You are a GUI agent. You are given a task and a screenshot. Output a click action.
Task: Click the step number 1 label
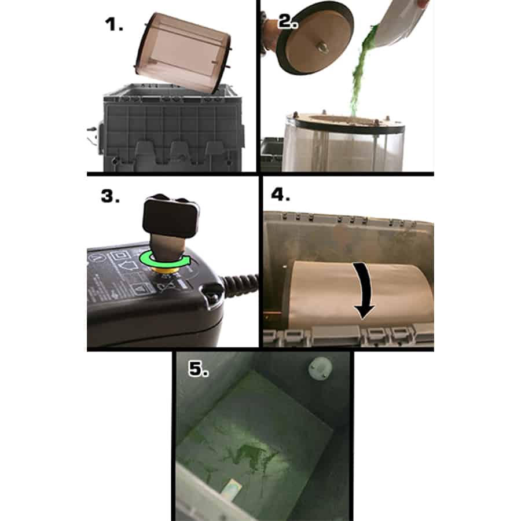point(114,24)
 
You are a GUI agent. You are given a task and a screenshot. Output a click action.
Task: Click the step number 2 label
point(288,21)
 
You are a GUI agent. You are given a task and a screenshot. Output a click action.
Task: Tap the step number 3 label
point(110,196)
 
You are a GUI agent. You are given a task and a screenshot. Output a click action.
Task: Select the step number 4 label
point(280,195)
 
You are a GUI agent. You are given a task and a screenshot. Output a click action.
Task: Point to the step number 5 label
point(199,369)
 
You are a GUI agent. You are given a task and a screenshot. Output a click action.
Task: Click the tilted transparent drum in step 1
point(183,53)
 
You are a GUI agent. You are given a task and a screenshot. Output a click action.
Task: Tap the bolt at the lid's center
point(322,46)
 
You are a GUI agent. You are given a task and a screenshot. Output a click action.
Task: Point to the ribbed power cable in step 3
point(240,282)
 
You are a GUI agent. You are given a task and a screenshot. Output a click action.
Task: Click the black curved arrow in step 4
point(365,289)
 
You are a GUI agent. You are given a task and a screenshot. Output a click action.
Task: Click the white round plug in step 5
point(320,368)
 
